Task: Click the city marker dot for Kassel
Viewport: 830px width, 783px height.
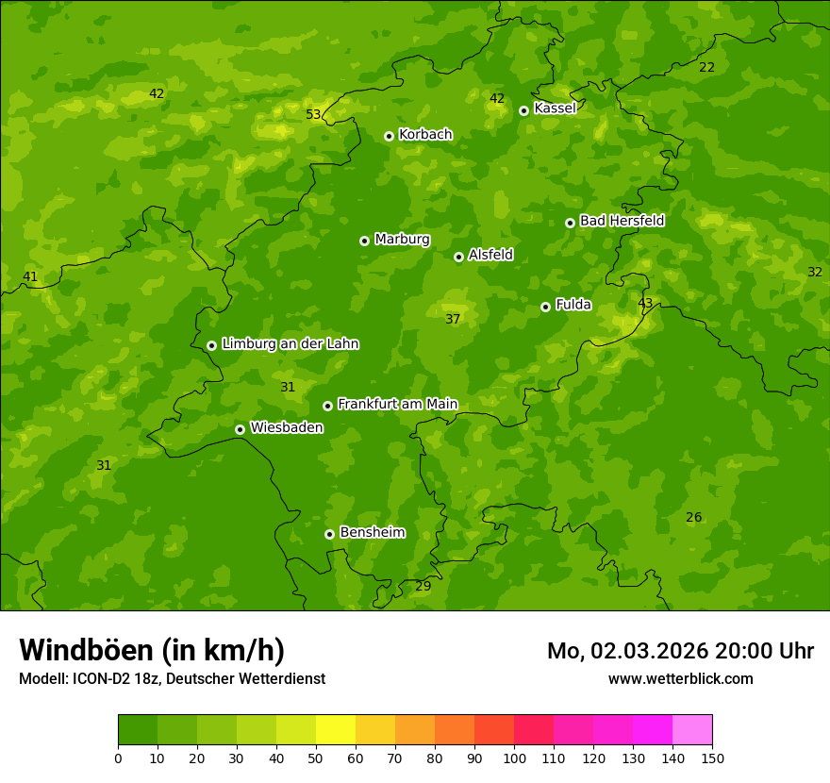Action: point(523,110)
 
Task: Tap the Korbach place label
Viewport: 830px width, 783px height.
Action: point(425,135)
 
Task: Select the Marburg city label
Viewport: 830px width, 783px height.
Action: point(402,240)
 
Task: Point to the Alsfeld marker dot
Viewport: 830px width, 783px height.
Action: point(458,257)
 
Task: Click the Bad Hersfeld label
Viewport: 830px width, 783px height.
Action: point(622,221)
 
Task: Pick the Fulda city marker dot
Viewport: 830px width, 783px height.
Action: point(545,307)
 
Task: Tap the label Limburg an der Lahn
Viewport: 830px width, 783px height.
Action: point(290,344)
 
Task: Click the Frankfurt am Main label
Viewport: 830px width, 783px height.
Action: point(397,405)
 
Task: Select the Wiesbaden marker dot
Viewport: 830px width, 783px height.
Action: point(240,429)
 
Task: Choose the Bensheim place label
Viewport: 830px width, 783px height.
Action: point(372,533)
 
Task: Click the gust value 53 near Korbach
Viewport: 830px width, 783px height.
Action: point(313,115)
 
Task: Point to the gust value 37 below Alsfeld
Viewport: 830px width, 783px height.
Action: point(453,320)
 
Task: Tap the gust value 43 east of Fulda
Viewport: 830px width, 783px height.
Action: point(645,304)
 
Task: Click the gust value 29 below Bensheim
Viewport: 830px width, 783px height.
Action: point(423,587)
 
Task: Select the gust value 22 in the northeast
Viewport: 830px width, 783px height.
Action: point(706,68)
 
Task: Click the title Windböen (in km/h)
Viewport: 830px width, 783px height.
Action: point(152,650)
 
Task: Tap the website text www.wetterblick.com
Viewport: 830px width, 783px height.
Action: point(680,679)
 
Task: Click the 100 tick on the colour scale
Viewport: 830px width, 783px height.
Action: point(514,758)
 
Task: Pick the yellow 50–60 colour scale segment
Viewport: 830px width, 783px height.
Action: point(336,730)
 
